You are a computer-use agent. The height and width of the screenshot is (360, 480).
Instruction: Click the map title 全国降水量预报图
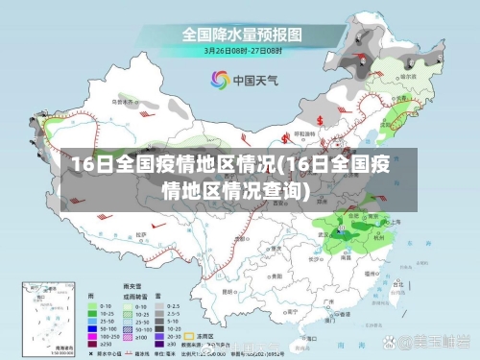click(241, 34)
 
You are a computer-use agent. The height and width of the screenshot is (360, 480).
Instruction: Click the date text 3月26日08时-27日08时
click(240, 50)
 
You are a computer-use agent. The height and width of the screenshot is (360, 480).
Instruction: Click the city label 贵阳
click(266, 268)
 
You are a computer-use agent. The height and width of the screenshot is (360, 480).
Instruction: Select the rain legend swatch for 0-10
click(94, 305)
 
